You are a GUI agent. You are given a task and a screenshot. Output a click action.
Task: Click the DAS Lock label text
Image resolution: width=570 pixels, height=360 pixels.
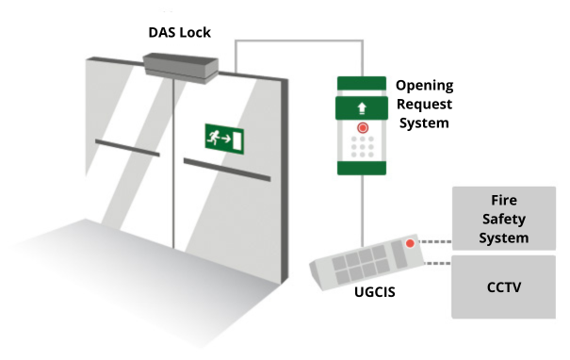coord(179,33)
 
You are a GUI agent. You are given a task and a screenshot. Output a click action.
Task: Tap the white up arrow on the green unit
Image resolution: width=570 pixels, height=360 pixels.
coord(362,107)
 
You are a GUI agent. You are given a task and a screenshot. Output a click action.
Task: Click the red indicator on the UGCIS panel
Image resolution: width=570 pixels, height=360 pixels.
coord(409,243)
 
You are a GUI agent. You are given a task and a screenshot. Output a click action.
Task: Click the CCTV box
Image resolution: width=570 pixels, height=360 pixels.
coord(504,286)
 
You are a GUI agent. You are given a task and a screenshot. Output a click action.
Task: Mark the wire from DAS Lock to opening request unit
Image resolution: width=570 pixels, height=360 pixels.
coord(297,41)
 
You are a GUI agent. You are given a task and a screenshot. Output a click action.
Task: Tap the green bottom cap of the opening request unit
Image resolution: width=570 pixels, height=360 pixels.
coord(362,167)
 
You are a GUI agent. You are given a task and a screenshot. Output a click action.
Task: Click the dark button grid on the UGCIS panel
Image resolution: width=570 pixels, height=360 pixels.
coord(363,256)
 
